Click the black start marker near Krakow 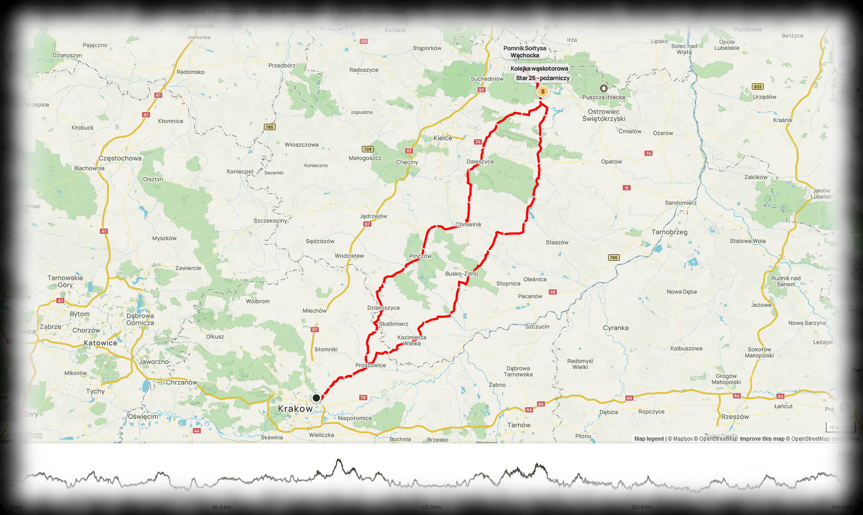click(316, 398)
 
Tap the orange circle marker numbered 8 click(542, 92)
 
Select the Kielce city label click(442, 138)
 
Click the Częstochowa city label click(120, 158)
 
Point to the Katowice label click(100, 343)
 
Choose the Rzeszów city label click(735, 417)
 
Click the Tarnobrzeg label click(669, 232)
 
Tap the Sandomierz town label click(680, 203)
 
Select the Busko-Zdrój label click(461, 274)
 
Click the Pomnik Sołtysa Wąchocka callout click(525, 52)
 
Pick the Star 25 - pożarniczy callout click(542, 78)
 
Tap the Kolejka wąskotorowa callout click(539, 68)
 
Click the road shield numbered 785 click(269, 127)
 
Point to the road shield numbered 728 click(367, 149)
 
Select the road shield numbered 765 click(613, 257)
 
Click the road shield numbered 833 click(757, 87)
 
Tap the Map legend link click(648, 439)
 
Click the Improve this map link click(762, 439)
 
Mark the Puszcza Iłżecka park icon click(604, 88)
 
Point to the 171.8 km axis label click(431, 507)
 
